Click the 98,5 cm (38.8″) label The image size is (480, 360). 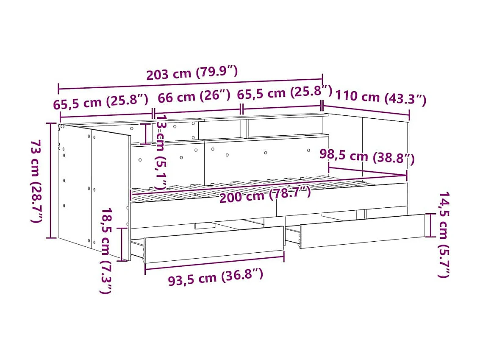[366, 156]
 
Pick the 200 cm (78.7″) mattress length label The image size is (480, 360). [265, 195]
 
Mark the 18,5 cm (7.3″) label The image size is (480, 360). [106, 251]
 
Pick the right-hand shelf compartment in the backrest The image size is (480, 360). [285, 127]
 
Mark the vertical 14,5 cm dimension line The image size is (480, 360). [431, 225]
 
